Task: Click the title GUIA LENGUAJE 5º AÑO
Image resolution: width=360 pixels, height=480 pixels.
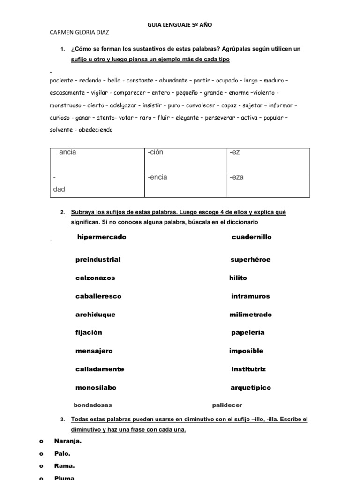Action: click(x=180, y=25)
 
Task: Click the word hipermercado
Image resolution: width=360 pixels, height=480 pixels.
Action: click(x=102, y=237)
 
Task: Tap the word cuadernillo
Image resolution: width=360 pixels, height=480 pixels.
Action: click(x=251, y=237)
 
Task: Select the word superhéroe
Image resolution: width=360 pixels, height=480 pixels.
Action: click(x=250, y=260)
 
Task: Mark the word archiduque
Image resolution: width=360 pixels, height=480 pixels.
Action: click(x=95, y=315)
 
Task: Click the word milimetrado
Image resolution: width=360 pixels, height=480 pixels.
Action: click(x=250, y=315)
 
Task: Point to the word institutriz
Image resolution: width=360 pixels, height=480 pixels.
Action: click(x=248, y=369)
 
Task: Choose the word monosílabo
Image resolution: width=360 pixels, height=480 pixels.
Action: click(x=96, y=388)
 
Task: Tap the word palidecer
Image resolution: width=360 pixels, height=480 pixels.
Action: click(x=227, y=405)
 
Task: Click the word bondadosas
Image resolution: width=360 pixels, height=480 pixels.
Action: click(x=93, y=405)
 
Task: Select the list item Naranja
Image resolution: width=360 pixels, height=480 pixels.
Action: click(x=68, y=441)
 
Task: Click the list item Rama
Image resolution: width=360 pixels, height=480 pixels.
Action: click(x=64, y=466)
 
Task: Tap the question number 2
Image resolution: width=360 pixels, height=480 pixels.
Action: click(x=62, y=212)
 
